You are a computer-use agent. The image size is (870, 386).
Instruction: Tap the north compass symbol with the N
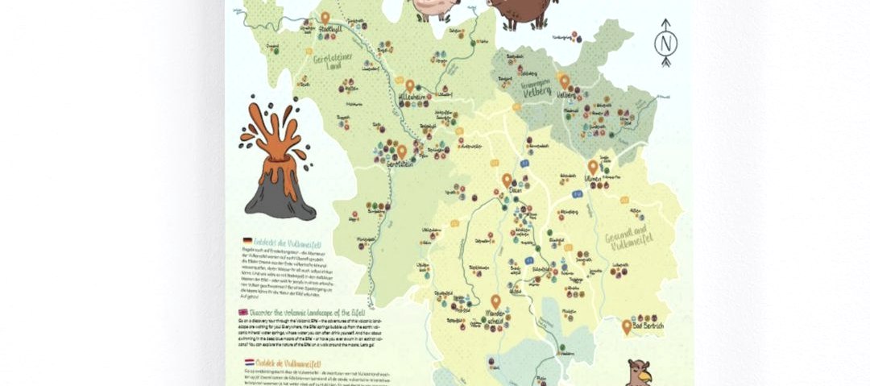(666, 42)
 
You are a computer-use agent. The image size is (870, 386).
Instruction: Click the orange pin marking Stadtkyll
(325, 18)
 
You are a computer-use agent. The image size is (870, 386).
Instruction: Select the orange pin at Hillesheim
(410, 85)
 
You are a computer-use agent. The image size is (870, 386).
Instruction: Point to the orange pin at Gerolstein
(401, 151)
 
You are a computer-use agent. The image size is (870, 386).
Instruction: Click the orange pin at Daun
(507, 181)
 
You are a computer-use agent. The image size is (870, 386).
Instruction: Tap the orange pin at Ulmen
(593, 167)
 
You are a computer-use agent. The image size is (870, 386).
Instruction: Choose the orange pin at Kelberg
(564, 81)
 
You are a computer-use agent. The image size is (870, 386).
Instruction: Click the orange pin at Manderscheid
(495, 301)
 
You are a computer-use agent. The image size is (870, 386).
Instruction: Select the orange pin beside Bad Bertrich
(627, 326)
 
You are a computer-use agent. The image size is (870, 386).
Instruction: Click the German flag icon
(245, 241)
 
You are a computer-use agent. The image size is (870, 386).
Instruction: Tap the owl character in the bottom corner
(639, 372)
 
